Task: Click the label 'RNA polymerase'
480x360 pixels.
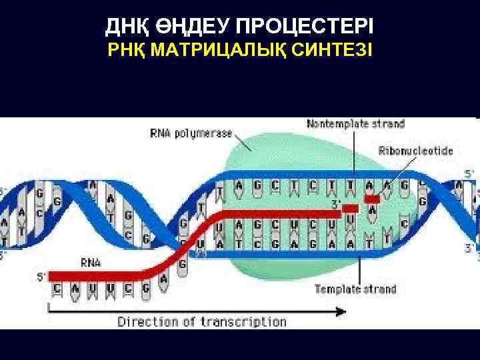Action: tap(191, 133)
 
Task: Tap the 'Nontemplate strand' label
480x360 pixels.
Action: tap(355, 124)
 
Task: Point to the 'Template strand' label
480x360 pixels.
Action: tap(355, 289)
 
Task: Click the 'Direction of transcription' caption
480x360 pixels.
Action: tap(202, 322)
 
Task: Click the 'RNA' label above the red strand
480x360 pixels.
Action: tap(91, 262)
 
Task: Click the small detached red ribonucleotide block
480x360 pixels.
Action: tap(372, 199)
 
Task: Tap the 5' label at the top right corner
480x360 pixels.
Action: tap(469, 173)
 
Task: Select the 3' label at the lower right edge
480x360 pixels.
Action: tap(469, 249)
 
